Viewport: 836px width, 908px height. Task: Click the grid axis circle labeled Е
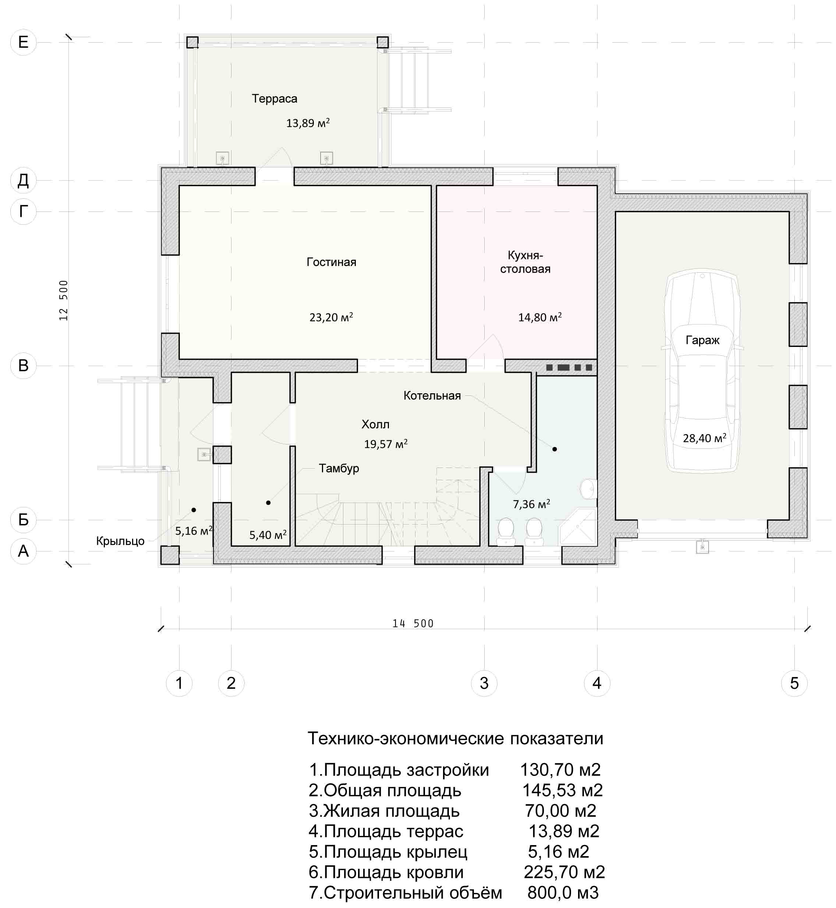point(23,42)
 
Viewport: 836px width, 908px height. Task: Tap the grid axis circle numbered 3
point(484,683)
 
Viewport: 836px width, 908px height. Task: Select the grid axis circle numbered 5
point(794,683)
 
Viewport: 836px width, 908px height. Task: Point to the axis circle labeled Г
point(23,211)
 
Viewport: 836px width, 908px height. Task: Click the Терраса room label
point(274,99)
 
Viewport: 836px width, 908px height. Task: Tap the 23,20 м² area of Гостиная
point(331,317)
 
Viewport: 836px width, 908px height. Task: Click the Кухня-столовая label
point(525,262)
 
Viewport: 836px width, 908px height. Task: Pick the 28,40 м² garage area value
point(704,438)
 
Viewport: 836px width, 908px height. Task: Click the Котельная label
point(432,396)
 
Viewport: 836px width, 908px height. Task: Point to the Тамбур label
point(339,468)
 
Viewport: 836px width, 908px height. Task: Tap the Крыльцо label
point(120,541)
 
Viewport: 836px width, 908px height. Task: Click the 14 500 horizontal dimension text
point(412,624)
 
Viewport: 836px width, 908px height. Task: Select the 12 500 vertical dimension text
point(63,301)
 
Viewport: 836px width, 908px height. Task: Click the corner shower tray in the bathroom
point(578,526)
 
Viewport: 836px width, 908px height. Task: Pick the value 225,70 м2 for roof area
point(564,872)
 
